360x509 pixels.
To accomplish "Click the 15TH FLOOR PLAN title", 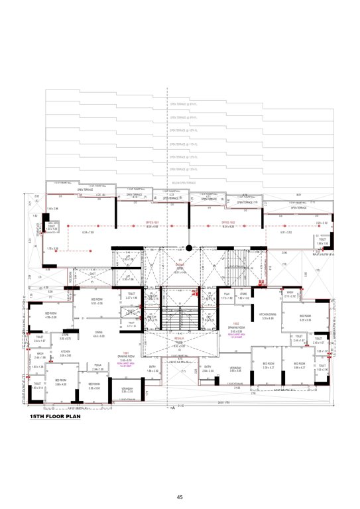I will pos(55,418).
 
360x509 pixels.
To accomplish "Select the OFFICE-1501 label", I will pos(152,223).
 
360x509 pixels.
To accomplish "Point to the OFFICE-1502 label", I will pos(229,223).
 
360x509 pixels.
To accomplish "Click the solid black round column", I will pos(189,249).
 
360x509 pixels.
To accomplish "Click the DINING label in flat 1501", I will pos(98,333).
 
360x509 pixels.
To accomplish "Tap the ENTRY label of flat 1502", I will pos(208,367).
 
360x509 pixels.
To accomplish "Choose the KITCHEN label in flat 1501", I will pos(66,352).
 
